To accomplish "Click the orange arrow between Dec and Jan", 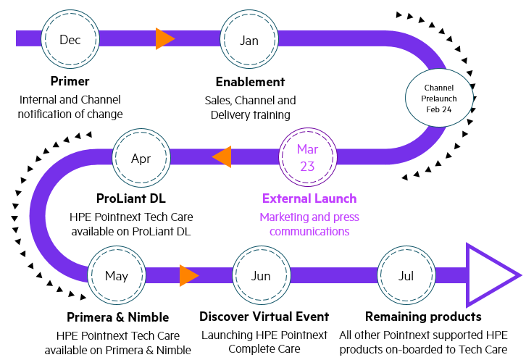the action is click(165, 39).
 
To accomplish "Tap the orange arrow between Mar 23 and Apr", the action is click(222, 156).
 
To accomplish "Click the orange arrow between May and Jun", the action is click(189, 275).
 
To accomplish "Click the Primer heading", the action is click(70, 81).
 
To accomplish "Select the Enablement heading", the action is click(250, 82).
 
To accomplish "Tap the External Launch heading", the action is click(309, 198).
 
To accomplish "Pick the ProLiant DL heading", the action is click(131, 198).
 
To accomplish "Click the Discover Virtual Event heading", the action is click(264, 317).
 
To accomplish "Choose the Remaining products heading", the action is click(423, 317).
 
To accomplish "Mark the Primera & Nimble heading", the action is click(118, 317).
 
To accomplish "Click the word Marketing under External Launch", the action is click(285, 217).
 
